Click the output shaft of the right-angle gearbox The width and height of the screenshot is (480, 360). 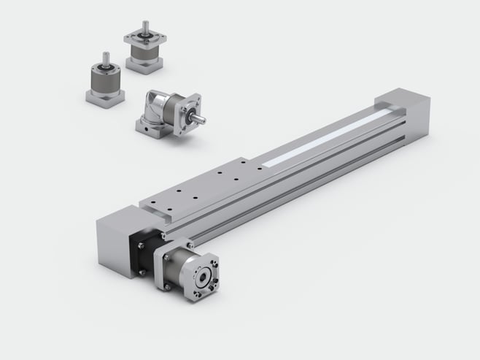click(199, 115)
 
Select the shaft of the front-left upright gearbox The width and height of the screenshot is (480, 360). click(107, 58)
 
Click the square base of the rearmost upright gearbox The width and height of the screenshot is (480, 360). click(143, 64)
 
